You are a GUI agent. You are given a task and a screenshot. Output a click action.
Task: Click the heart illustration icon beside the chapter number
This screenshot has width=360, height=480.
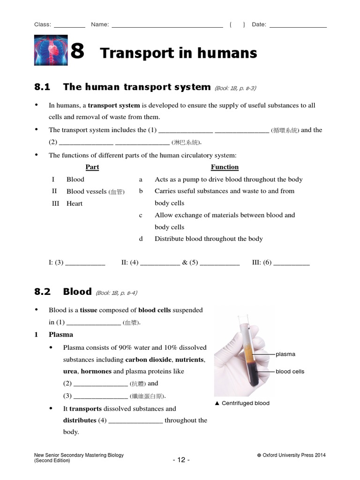(51, 50)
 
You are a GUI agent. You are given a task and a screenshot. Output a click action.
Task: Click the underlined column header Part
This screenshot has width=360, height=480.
(92, 167)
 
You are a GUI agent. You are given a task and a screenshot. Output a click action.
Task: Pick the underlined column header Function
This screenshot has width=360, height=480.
(225, 167)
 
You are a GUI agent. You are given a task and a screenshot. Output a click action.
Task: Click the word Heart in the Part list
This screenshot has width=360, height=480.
(75, 203)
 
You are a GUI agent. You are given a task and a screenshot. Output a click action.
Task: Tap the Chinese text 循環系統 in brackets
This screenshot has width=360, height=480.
(285, 130)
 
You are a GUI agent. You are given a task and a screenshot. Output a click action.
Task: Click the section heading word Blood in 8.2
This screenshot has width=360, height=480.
(77, 292)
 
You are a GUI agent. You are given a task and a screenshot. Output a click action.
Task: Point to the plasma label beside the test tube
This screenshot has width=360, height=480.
(285, 354)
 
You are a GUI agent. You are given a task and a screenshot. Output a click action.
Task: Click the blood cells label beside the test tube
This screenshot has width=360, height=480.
(290, 371)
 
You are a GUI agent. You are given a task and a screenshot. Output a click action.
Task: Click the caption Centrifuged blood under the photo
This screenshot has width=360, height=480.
(245, 403)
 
